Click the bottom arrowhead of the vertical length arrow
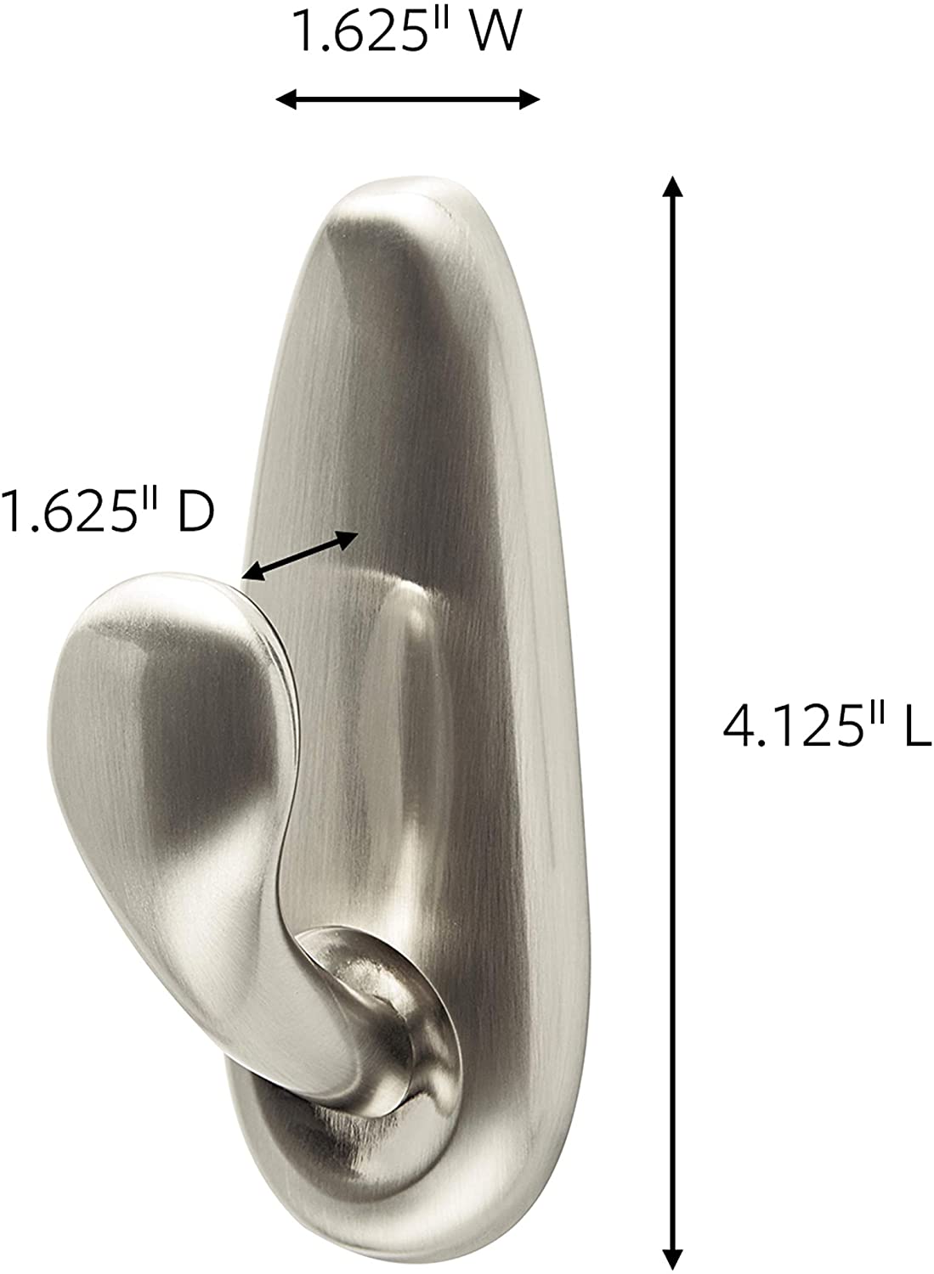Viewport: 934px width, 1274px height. click(x=673, y=1259)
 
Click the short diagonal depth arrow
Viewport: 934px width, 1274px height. click(x=299, y=556)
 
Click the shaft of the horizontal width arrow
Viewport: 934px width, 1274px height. click(x=408, y=100)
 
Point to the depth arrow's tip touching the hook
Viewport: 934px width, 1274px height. click(x=248, y=578)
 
